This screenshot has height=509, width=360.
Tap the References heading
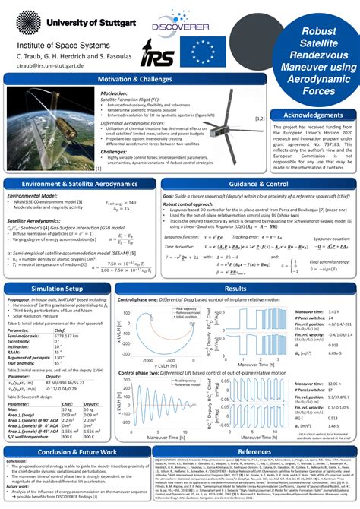[x=254, y=451]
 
